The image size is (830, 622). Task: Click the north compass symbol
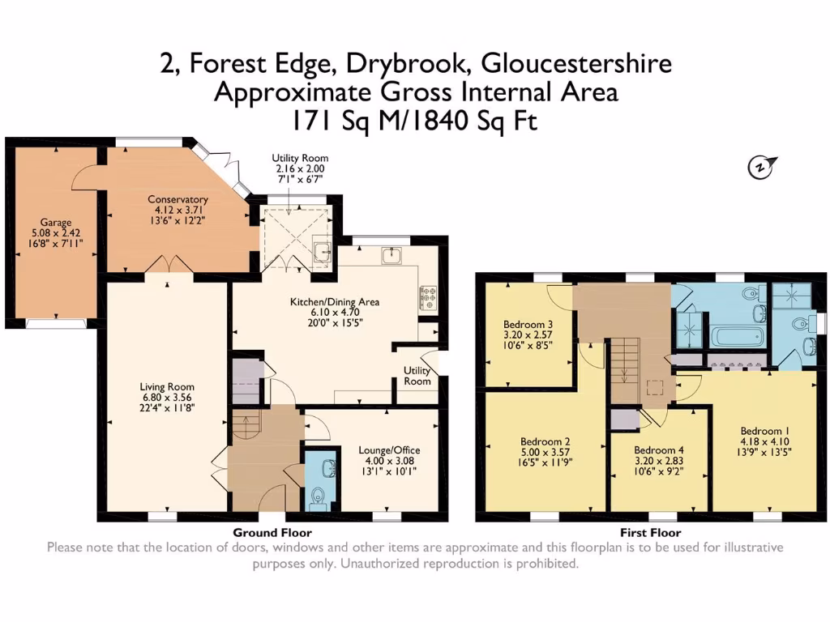tap(760, 167)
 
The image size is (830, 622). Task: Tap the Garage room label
tap(56, 222)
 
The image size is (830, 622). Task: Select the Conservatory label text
tap(178, 199)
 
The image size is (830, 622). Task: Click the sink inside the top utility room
tap(322, 252)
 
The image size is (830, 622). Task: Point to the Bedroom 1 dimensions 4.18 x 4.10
tap(764, 443)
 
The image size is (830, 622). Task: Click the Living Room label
tap(166, 386)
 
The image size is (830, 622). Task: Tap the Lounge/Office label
tap(390, 450)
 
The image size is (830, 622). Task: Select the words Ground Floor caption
tap(272, 533)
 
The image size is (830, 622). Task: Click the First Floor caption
tap(650, 533)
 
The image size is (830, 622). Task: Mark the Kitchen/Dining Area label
tap(335, 302)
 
